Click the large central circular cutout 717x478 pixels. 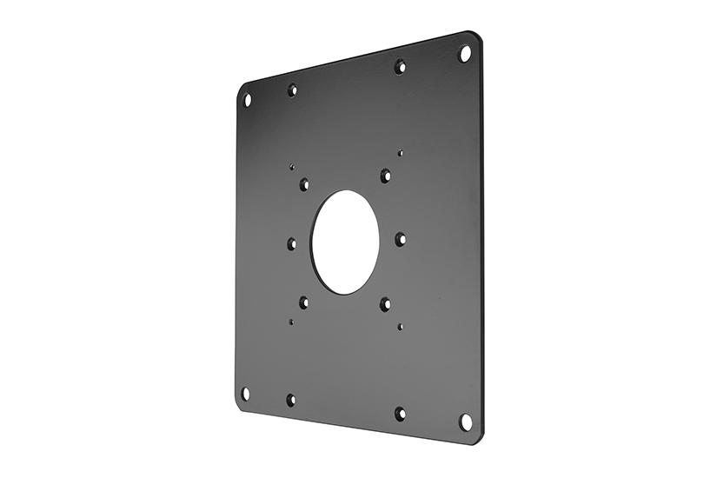pyautogui.click(x=345, y=241)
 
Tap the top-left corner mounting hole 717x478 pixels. pyautogui.click(x=247, y=100)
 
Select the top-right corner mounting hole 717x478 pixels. pyautogui.click(x=465, y=54)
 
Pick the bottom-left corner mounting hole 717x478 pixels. pyautogui.click(x=246, y=394)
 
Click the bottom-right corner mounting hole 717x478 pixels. pyautogui.click(x=466, y=422)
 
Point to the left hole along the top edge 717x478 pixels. pyautogui.click(x=292, y=90)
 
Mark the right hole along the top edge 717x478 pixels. pyautogui.click(x=400, y=66)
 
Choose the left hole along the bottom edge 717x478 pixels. pyautogui.click(x=291, y=400)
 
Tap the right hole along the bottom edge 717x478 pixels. pyautogui.click(x=400, y=414)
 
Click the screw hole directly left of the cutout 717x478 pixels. pyautogui.click(x=292, y=244)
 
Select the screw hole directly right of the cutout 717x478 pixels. pyautogui.click(x=400, y=239)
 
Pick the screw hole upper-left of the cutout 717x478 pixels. pyautogui.click(x=304, y=184)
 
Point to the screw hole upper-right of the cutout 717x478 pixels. pyautogui.click(x=385, y=176)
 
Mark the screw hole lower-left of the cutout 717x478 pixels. pyautogui.click(x=304, y=302)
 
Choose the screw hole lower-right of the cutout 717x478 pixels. pyautogui.click(x=385, y=304)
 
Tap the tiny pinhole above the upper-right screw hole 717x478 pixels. pyautogui.click(x=400, y=153)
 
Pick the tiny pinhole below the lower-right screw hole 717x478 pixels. pyautogui.click(x=400, y=327)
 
